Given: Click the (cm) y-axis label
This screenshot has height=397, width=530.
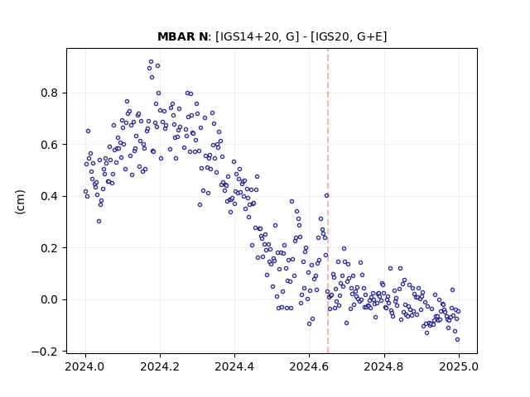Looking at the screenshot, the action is click(20, 202).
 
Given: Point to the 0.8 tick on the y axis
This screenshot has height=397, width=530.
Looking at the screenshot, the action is click(49, 93).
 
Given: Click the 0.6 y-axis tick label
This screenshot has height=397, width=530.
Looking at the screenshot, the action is click(49, 145).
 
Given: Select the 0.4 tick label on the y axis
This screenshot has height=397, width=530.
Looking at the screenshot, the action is click(49, 196).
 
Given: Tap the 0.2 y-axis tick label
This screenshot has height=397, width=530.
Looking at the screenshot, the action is click(49, 248).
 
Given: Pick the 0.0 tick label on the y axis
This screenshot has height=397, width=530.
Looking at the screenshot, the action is click(49, 299).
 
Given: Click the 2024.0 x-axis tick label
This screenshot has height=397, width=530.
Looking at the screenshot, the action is click(85, 366).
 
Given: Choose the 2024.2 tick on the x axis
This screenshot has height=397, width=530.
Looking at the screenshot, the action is click(160, 366).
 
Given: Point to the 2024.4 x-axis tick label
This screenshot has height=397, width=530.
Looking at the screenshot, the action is click(234, 366).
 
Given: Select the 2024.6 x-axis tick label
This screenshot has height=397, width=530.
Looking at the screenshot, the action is click(309, 366).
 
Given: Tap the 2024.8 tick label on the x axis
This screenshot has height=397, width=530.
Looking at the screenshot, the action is click(384, 366).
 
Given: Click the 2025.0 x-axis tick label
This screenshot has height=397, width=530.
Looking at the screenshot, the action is click(459, 366).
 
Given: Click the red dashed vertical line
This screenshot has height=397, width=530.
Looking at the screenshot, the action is click(328, 201).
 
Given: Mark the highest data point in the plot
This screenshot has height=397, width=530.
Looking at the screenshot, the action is click(151, 62).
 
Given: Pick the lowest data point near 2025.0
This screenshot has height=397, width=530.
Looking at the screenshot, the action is click(457, 340).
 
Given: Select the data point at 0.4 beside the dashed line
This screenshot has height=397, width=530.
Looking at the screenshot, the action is click(326, 196).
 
